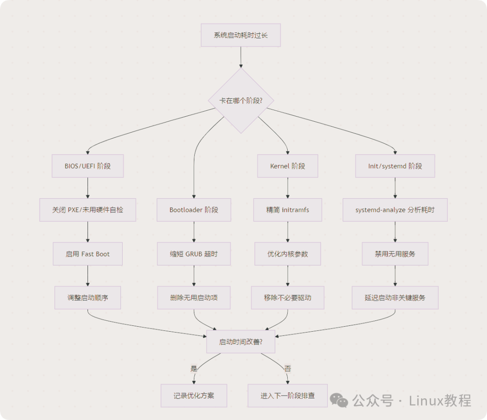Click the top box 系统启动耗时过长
coord(240,35)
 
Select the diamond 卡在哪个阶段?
coord(241,100)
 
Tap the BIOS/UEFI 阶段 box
coord(87,166)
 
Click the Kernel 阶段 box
coord(288,166)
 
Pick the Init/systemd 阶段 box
coord(395,166)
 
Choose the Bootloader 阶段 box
coord(194,210)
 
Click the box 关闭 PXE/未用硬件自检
coord(87,210)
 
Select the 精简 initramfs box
coord(288,210)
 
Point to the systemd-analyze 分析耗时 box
coord(395,210)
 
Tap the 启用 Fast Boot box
coord(87,254)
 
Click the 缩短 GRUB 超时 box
coord(194,254)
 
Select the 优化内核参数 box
coord(288,254)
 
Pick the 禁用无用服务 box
coord(395,254)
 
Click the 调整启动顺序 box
coord(87,297)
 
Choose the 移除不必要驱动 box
coord(288,297)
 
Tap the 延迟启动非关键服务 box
coord(395,297)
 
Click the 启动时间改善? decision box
coord(241,342)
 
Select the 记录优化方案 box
coord(194,396)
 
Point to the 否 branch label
coord(288,369)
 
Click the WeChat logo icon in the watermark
coord(339,400)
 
